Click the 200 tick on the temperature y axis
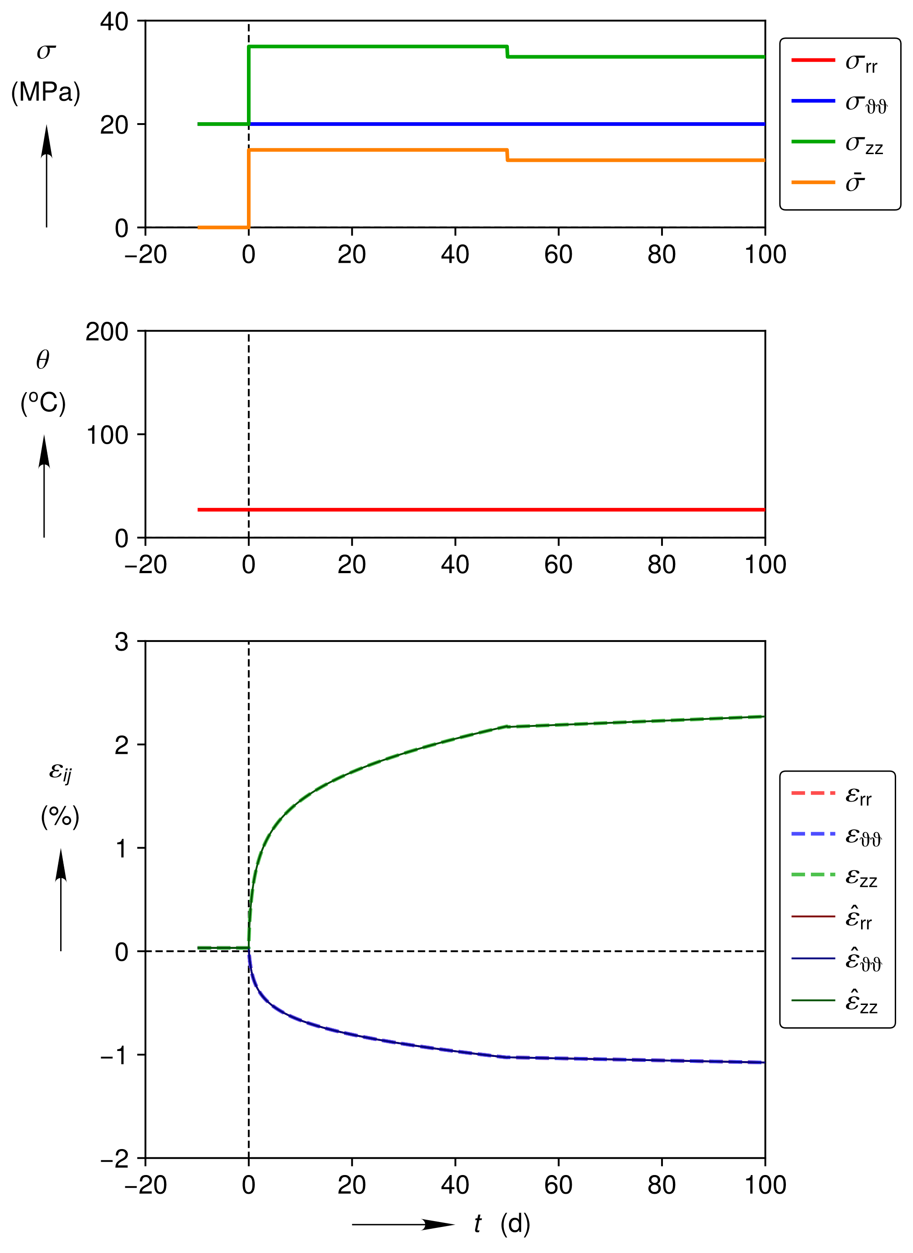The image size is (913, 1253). (107, 332)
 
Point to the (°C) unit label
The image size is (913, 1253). (43, 402)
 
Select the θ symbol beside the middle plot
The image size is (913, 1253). (42, 360)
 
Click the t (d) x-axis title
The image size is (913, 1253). (502, 1223)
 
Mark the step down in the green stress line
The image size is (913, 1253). (508, 52)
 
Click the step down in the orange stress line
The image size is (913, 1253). (508, 155)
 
